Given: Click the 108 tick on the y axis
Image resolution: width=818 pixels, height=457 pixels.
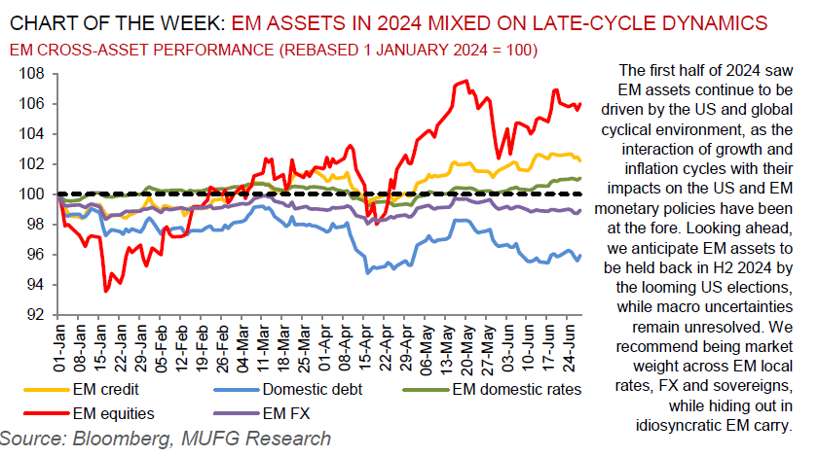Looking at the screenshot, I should (33, 74).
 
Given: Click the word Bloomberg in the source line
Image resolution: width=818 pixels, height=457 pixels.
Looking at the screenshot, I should (108, 439).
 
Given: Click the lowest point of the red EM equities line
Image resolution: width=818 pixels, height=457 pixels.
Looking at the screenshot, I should (105, 290).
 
